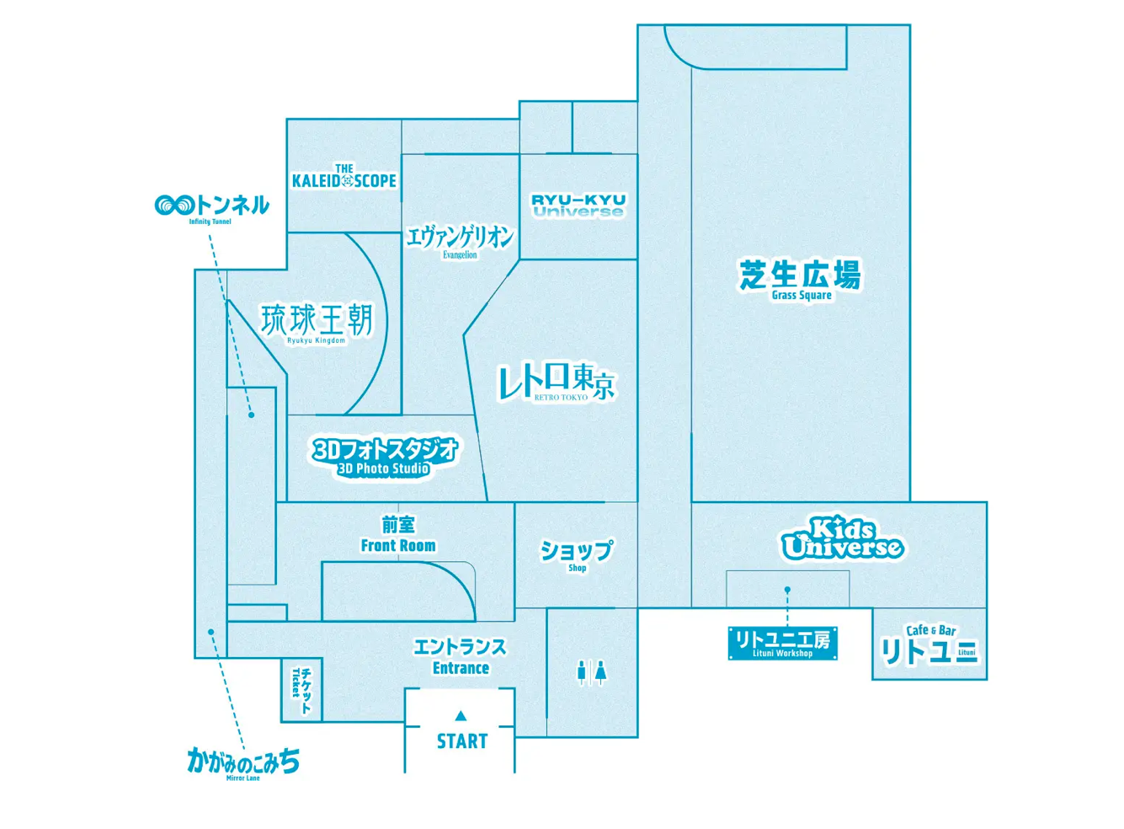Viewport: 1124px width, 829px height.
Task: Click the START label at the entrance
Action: pos(461,741)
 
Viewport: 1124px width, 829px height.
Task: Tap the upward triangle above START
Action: pos(461,715)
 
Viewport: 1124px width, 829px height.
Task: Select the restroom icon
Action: pos(592,673)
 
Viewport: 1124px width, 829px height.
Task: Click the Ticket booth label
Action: pos(301,690)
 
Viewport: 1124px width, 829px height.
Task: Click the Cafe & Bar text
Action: pos(931,630)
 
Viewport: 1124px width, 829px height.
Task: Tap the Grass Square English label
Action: pos(802,295)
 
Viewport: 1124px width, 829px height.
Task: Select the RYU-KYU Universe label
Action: pos(578,206)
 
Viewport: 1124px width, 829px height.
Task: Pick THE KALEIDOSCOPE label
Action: pos(344,176)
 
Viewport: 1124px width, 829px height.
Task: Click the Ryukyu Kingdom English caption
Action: pos(316,340)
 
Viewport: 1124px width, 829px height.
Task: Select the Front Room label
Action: pos(398,536)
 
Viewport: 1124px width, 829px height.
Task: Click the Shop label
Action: pos(577,556)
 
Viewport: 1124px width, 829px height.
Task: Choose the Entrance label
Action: pos(461,657)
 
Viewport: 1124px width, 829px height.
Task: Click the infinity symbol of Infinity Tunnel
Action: pos(173,206)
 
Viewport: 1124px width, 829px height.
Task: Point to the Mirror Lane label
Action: pos(243,765)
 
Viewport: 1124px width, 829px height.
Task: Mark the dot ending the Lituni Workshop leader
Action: pos(787,589)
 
